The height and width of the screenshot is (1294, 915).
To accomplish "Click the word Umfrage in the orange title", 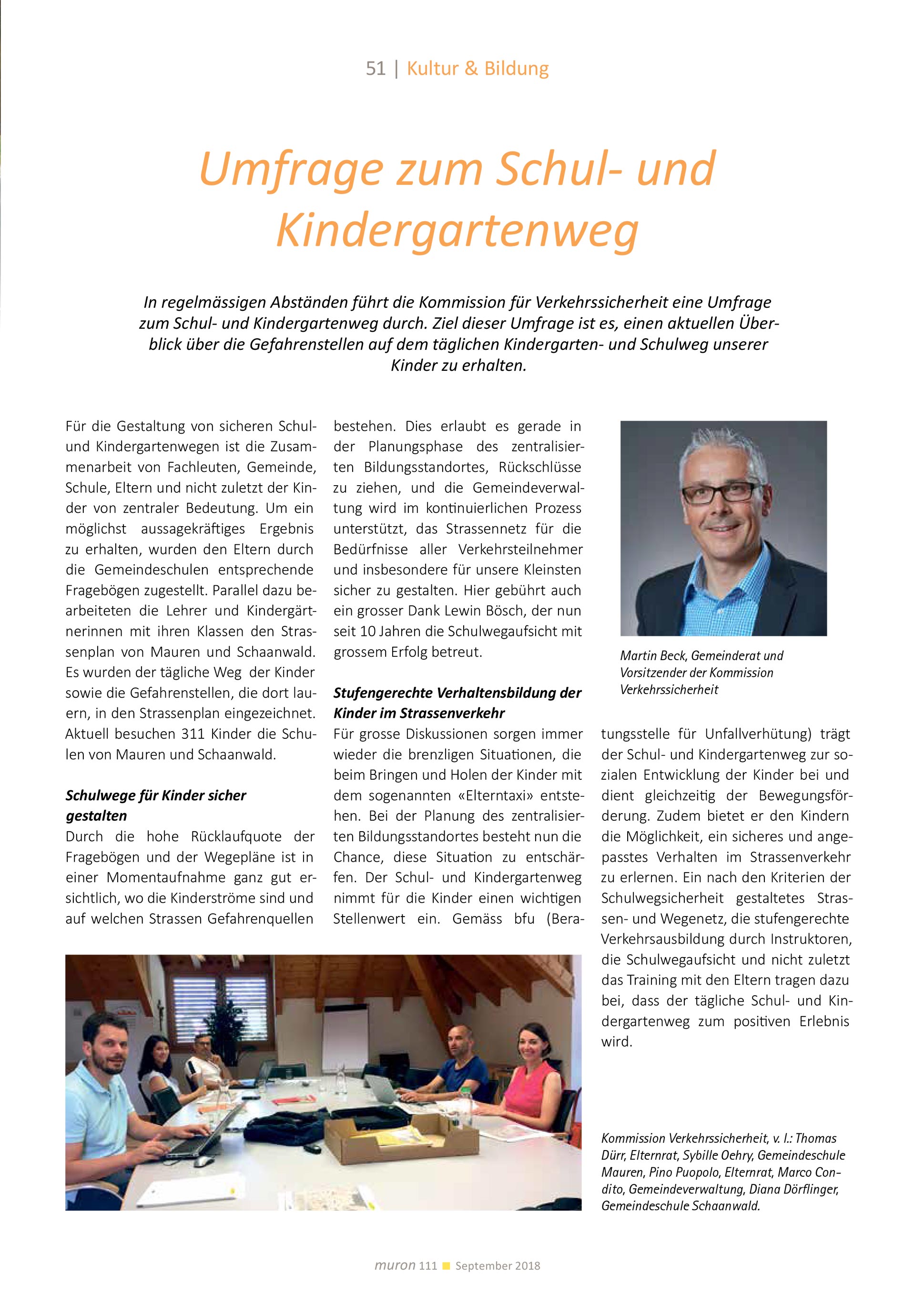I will pyautogui.click(x=291, y=169).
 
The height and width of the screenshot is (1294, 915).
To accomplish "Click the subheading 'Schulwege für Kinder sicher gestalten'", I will pyautogui.click(x=155, y=805).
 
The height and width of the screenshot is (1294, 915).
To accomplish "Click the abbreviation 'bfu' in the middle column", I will pyautogui.click(x=524, y=918).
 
